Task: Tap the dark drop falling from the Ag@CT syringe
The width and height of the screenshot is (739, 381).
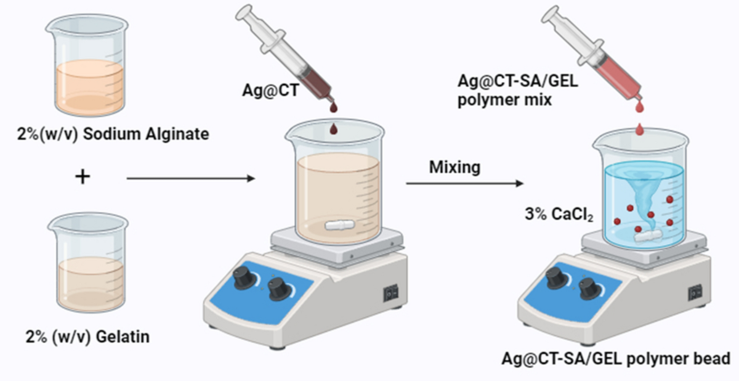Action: tap(334, 130)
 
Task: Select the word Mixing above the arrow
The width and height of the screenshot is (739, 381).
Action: tap(454, 167)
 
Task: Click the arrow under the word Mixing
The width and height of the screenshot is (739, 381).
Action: tap(465, 183)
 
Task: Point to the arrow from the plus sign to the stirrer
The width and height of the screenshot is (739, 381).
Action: tap(190, 179)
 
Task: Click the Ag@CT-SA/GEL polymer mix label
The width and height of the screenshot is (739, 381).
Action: tap(517, 90)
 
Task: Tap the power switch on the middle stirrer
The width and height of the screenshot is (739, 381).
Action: tap(390, 294)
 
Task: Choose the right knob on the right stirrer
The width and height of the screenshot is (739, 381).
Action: tap(589, 287)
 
